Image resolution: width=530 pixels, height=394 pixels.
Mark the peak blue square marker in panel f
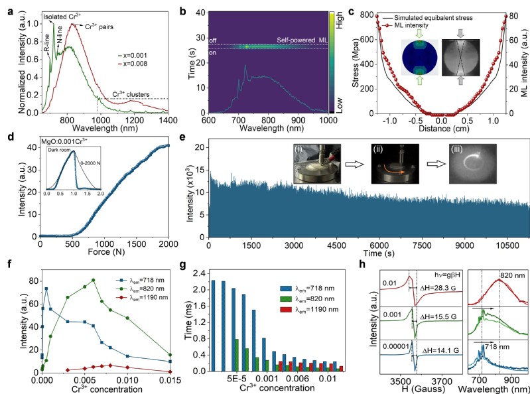tap(46, 289)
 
